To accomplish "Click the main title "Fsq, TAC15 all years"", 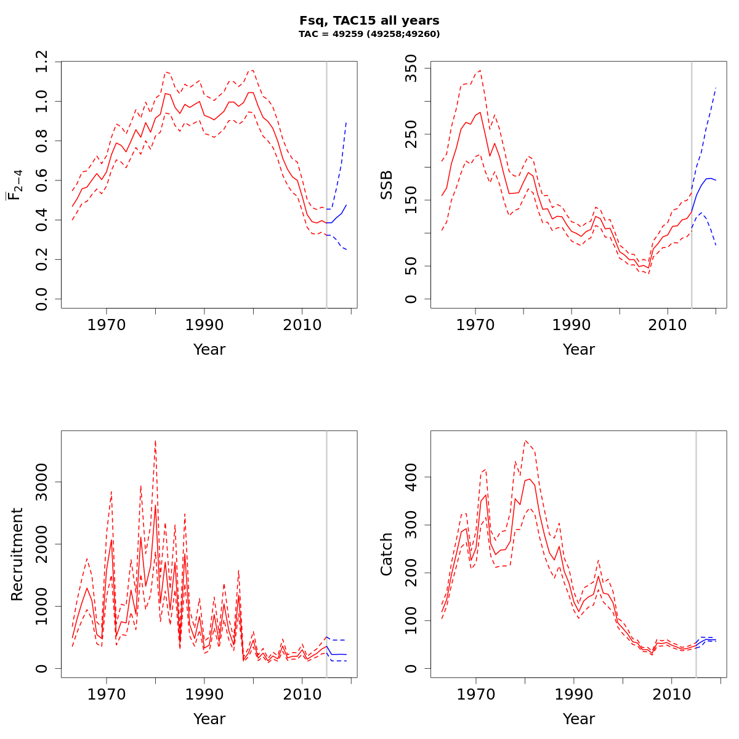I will point(369,21).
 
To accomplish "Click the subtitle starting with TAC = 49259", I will point(369,34).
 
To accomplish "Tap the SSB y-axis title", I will point(387,185).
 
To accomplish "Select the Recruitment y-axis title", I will point(17,554).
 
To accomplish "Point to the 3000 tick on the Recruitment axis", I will point(41,482).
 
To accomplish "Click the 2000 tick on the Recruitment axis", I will point(41,544).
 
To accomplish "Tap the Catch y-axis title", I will point(387,554).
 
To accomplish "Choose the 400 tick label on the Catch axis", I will point(411,477).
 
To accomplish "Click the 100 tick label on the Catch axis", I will point(411,621).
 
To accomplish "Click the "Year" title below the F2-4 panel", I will point(209,350).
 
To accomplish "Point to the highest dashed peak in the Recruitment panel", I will point(155,440).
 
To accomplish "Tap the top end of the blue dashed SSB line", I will point(716,87).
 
